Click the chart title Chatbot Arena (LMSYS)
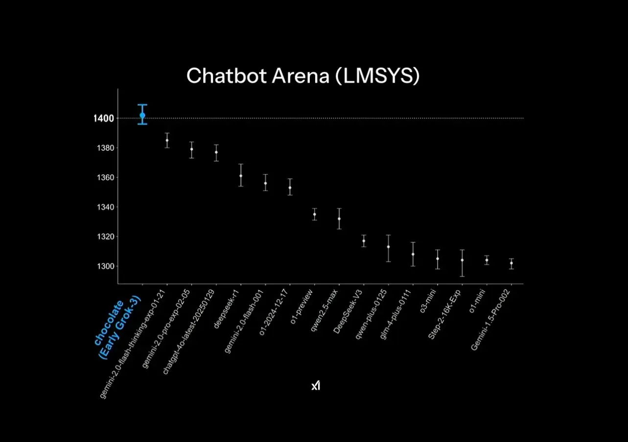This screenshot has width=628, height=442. point(303,76)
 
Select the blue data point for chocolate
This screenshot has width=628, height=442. point(142,115)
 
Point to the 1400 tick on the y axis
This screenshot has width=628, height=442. point(104,118)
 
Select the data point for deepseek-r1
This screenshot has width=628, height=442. point(241,176)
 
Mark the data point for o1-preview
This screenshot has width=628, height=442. point(315,214)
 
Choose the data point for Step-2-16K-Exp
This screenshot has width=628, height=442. point(462,260)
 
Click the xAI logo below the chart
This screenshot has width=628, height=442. point(316,386)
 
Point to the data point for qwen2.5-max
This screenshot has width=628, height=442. point(339,218)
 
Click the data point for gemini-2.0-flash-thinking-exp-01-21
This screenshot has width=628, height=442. point(167,140)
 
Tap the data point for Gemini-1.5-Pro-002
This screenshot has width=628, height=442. point(512,263)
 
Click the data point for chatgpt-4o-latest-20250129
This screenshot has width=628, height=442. point(216,152)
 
